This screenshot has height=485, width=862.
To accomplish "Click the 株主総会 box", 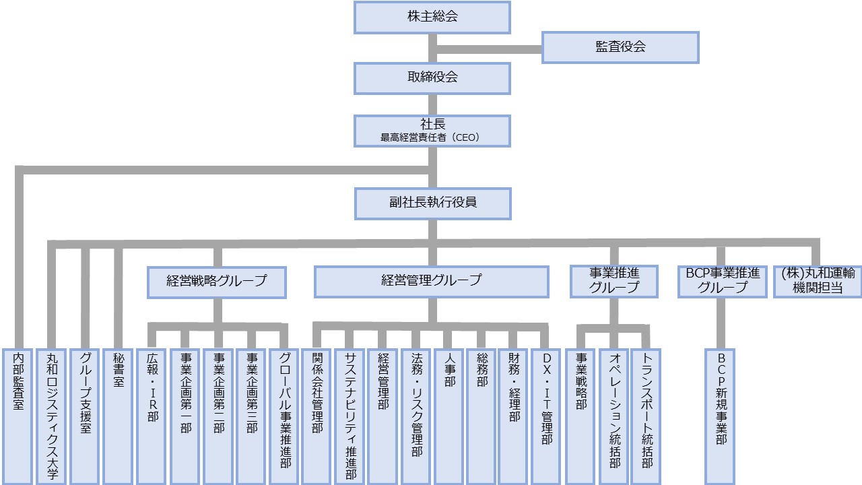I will click(432, 18).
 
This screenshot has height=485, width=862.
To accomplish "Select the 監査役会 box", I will click(620, 47).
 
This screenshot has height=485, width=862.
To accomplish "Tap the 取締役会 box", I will click(432, 77).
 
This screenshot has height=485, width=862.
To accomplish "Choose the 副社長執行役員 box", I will click(432, 203).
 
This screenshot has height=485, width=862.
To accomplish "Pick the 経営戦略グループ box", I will click(216, 282).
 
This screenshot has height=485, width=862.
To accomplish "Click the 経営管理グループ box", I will click(431, 282).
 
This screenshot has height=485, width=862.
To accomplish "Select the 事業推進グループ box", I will click(614, 281).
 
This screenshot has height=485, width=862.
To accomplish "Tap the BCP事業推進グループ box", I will click(722, 281).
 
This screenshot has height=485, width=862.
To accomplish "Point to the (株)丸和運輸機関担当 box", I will click(818, 281).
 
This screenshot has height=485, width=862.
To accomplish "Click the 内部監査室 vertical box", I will click(17, 416).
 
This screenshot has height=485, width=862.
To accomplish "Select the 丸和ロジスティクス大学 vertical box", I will click(51, 416).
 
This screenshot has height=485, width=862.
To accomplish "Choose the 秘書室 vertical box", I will click(118, 416).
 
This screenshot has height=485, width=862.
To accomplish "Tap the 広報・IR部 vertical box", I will click(152, 416).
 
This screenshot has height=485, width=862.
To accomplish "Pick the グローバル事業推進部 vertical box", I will click(284, 416).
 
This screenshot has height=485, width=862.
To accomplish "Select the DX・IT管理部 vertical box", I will click(546, 416).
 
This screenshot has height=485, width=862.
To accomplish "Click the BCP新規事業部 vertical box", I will click(719, 416).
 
